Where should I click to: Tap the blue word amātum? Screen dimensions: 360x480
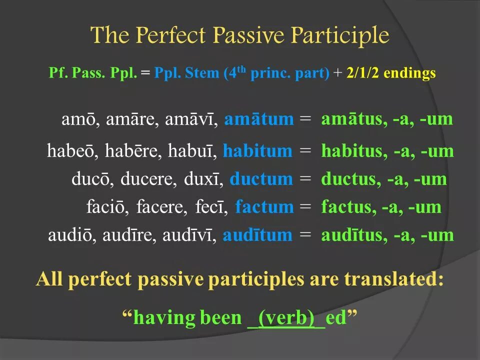(x=259, y=119)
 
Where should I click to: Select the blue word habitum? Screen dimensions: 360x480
(x=257, y=151)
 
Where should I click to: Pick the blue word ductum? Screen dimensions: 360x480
(x=261, y=179)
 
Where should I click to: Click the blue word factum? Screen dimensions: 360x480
(x=264, y=207)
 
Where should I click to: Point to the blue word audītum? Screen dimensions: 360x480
(x=257, y=235)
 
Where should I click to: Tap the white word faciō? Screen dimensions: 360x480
(x=104, y=207)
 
